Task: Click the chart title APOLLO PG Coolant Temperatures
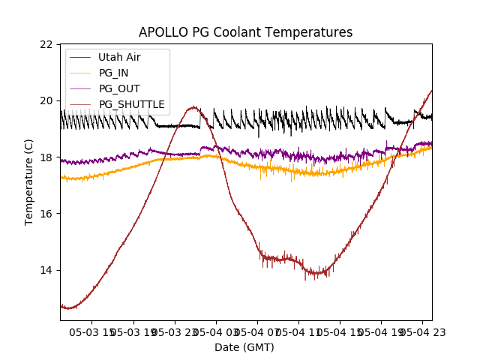tap(245, 32)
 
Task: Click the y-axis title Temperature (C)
tap(29, 181)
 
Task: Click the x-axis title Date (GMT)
tap(244, 347)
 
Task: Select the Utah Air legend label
tap(119, 57)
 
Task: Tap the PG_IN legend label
tap(114, 73)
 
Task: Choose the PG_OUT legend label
tap(119, 88)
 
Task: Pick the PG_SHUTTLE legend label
tap(131, 104)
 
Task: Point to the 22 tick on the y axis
tap(46, 44)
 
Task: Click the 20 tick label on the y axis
tap(46, 101)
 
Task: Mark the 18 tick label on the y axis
tap(46, 157)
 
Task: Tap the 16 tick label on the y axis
tap(46, 214)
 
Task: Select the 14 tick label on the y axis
tap(46, 270)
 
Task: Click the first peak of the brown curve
tap(193, 107)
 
